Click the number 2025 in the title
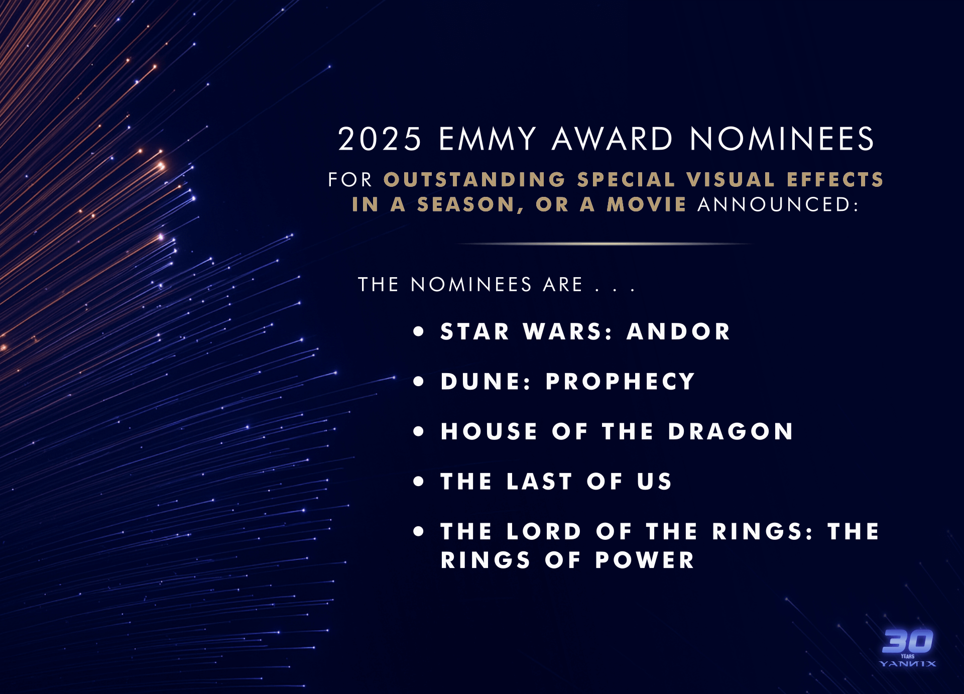click(x=380, y=139)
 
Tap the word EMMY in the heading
click(x=488, y=139)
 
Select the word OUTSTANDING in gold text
click(x=474, y=180)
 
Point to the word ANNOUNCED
click(x=778, y=204)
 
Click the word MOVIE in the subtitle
click(x=647, y=204)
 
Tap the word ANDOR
click(x=678, y=331)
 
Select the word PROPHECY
click(x=620, y=382)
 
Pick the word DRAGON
click(x=731, y=431)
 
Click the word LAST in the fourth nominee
click(x=539, y=482)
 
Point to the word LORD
click(x=544, y=532)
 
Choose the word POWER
click(x=645, y=560)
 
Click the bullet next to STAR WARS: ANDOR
click(x=419, y=331)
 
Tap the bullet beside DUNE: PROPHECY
click(x=419, y=382)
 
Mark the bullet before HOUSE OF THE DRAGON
click(x=419, y=431)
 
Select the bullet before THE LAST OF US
click(x=419, y=482)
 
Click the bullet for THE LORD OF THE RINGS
click(x=419, y=532)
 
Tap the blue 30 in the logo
click(x=908, y=641)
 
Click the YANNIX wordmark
click(x=908, y=664)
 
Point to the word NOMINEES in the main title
click(x=782, y=139)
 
